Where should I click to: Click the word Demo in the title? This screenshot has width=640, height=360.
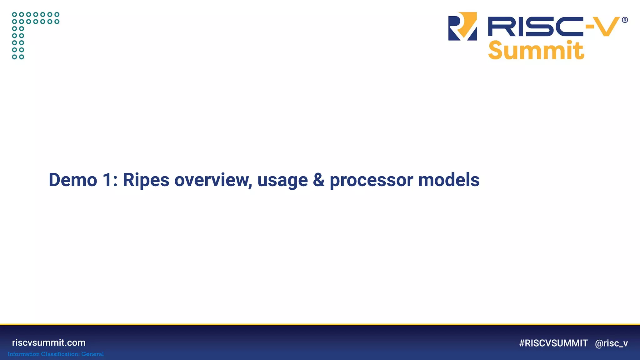point(73,180)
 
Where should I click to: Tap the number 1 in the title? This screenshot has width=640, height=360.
point(107,180)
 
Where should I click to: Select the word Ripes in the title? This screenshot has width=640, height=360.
point(146,180)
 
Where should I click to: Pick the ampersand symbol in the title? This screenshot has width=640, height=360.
point(318,180)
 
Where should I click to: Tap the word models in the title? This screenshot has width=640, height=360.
point(449,180)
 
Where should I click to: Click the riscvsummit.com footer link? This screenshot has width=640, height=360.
point(49,342)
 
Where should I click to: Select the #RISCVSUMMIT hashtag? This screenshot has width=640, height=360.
point(553,343)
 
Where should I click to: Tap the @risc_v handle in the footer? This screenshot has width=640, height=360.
point(611,343)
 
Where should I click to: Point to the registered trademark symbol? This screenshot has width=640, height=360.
point(625,20)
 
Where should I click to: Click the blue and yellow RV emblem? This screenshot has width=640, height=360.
point(462,26)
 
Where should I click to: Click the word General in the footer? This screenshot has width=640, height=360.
point(92,354)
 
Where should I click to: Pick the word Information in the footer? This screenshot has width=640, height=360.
point(23,354)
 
